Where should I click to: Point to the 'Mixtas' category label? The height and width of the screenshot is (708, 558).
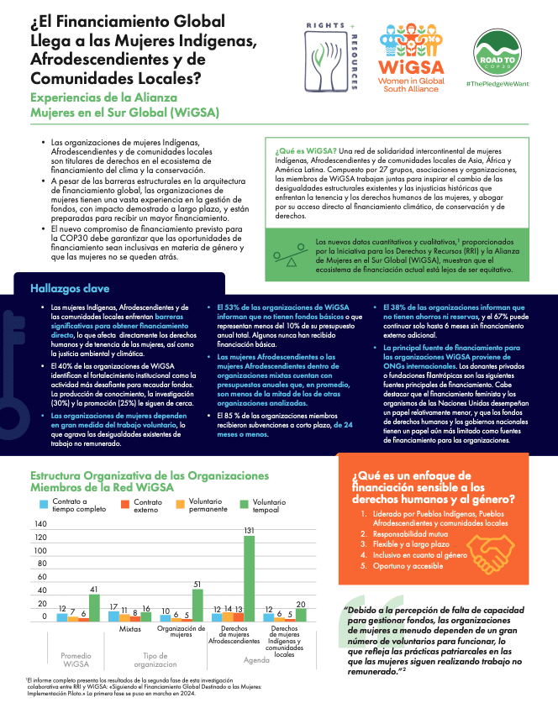tap(129, 627)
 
